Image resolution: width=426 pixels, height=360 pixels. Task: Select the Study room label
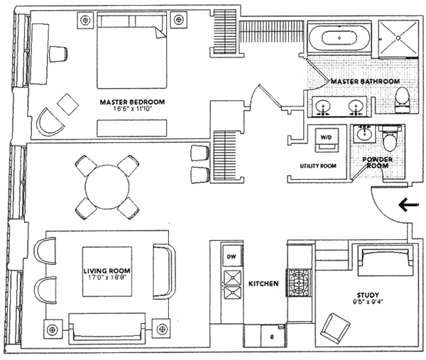[x=368, y=295]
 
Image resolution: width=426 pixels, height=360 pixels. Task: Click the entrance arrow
[x=408, y=206]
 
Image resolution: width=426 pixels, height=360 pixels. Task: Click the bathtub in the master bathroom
[x=339, y=38]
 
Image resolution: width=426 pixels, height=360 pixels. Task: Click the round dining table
[x=106, y=186]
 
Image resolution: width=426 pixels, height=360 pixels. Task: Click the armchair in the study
[x=334, y=327]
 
